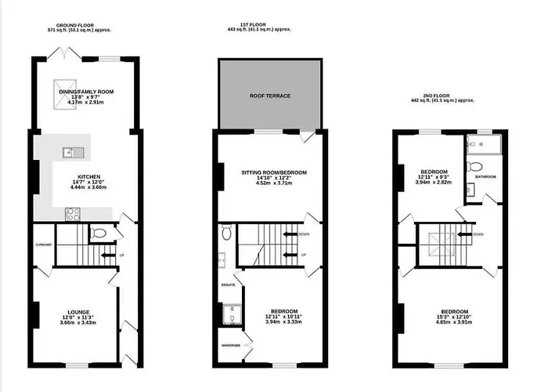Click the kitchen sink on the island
[x=70, y=151]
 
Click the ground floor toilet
[x=97, y=233]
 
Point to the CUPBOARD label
[x=43, y=245]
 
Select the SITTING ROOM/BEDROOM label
[x=273, y=172]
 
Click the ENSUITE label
[x=228, y=285]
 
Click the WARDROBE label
[x=229, y=343]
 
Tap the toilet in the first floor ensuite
[x=226, y=233]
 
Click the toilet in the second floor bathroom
[x=475, y=165]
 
